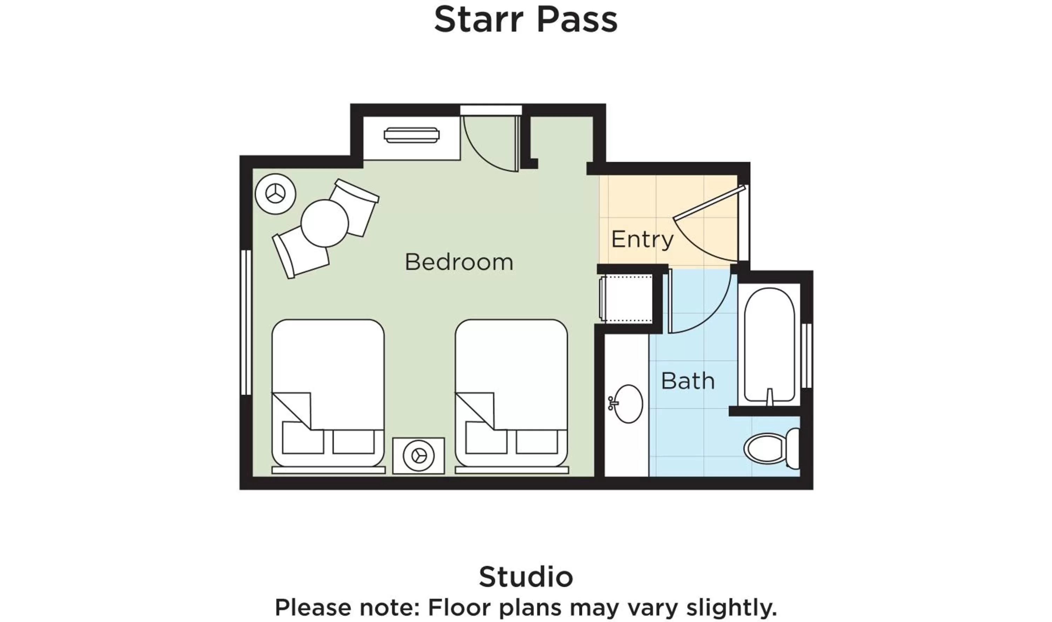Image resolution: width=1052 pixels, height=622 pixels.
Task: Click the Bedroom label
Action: [459, 262]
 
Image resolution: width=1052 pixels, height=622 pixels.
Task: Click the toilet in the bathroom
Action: [770, 448]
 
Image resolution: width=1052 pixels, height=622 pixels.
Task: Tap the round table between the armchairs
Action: [324, 223]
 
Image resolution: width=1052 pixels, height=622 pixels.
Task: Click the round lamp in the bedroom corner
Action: [275, 194]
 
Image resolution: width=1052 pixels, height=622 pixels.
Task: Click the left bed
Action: [328, 377]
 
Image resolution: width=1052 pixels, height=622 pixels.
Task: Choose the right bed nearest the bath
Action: [511, 377]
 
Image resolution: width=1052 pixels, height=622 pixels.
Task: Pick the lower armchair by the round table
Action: [300, 255]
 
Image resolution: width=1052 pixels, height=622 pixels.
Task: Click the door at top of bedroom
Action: [490, 144]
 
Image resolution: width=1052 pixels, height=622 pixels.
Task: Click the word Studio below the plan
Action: [526, 577]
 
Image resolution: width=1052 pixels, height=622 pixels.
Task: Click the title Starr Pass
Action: [526, 19]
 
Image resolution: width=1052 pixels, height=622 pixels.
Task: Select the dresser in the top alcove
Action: [411, 135]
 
